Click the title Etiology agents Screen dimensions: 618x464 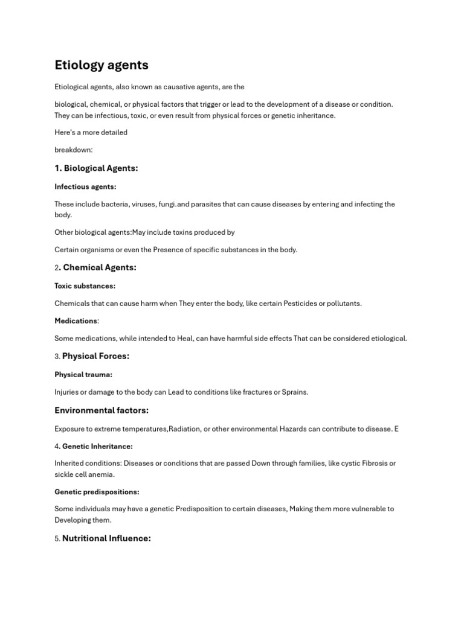[x=101, y=65]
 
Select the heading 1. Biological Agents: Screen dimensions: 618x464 [x=96, y=168]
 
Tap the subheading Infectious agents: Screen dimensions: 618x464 [x=85, y=187]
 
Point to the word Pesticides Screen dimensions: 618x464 [x=294, y=303]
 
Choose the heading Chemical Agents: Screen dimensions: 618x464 [x=100, y=267]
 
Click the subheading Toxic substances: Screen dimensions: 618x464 [x=85, y=286]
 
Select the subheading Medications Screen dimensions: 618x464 [x=76, y=321]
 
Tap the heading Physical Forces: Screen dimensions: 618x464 [x=95, y=356]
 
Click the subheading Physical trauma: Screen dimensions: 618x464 [x=83, y=375]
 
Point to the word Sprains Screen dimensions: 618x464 [x=295, y=392]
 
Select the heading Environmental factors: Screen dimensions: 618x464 [x=101, y=410]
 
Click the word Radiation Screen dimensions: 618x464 [x=187, y=428]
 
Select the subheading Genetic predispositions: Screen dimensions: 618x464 [x=97, y=492]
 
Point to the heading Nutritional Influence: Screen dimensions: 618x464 [x=106, y=538]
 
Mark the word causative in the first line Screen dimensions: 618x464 [x=175, y=87]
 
